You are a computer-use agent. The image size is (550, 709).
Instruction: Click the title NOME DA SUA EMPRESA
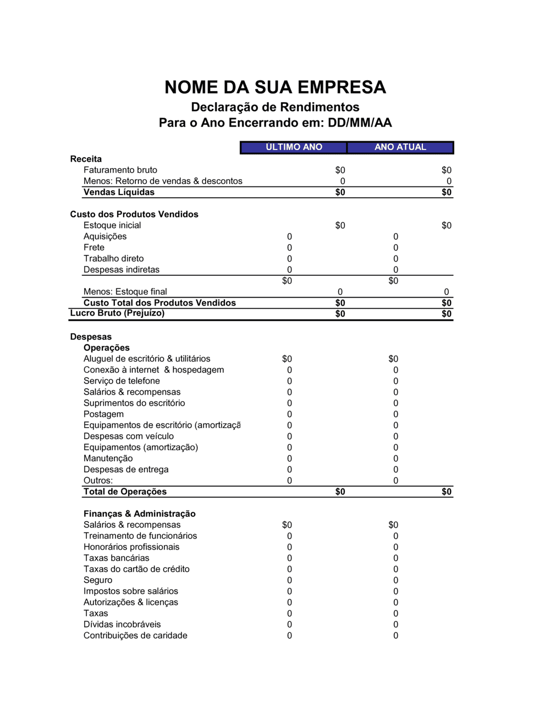(x=275, y=87)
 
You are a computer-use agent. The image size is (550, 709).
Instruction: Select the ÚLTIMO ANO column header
(x=294, y=147)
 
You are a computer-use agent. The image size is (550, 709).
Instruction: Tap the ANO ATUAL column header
(x=400, y=147)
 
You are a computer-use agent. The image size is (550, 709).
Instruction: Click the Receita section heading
(x=86, y=159)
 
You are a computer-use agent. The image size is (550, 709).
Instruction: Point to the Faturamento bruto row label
(x=120, y=170)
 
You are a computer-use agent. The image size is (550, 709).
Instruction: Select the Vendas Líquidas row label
(x=119, y=192)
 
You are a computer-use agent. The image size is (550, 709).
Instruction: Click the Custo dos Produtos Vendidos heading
(x=134, y=214)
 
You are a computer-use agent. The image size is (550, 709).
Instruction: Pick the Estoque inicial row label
(x=112, y=225)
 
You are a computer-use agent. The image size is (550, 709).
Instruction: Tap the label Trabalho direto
(x=113, y=258)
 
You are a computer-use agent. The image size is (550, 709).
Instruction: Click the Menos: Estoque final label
(x=125, y=292)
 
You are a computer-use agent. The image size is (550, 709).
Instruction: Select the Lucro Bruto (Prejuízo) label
(x=117, y=313)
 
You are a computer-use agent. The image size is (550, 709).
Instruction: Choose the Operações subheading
(x=106, y=348)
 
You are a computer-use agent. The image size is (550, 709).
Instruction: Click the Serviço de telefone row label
(x=122, y=381)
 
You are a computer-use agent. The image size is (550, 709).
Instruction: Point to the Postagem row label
(x=103, y=414)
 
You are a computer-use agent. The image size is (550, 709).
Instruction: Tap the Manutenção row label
(x=108, y=458)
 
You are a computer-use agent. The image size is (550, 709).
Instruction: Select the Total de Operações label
(x=125, y=491)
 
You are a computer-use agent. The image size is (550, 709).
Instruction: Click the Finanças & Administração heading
(x=139, y=514)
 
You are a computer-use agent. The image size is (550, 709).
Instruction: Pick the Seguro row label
(x=97, y=580)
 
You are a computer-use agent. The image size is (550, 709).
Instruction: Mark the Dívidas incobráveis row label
(x=122, y=624)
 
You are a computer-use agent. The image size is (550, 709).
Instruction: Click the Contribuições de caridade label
(x=135, y=635)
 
